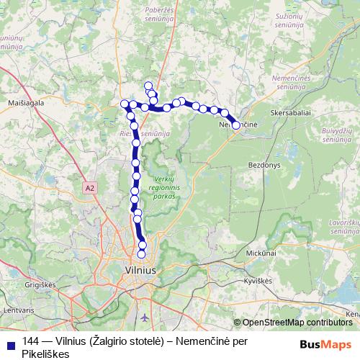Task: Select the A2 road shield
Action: pyautogui.click(x=89, y=187)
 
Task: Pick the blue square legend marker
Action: pyautogui.click(x=9, y=343)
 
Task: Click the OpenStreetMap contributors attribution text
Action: pyautogui.click(x=297, y=323)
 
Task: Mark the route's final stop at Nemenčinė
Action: pyautogui.click(x=235, y=125)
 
